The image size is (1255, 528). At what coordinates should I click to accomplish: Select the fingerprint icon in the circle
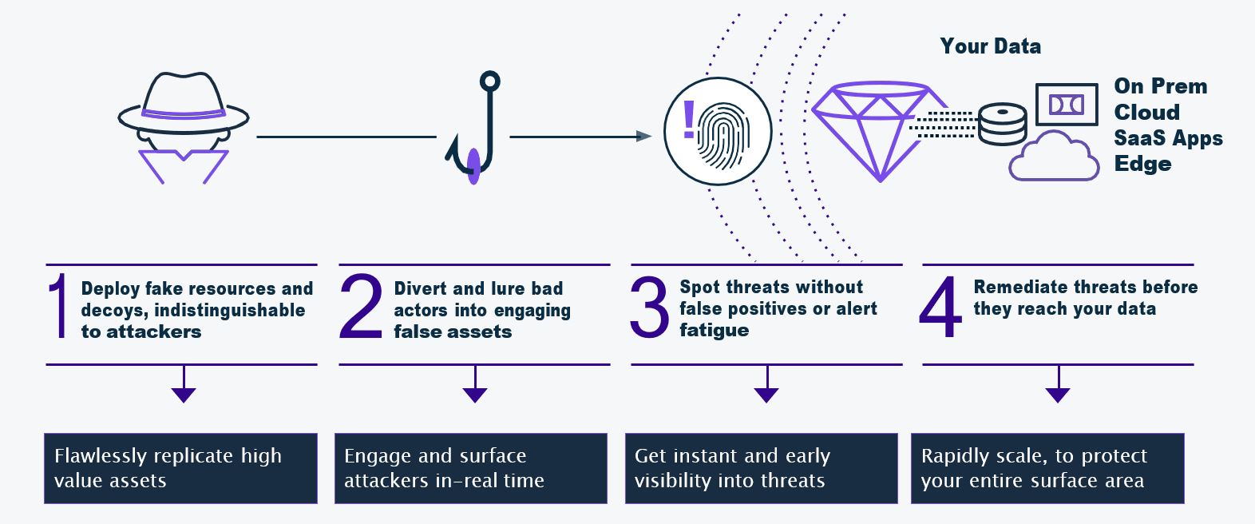coord(723,137)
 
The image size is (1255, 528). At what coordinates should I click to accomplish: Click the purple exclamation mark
coord(688,119)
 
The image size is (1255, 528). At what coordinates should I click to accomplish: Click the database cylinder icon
coord(1002,124)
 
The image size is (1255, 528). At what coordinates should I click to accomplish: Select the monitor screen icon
coord(1066,105)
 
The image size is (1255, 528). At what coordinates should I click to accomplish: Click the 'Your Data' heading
coord(991,46)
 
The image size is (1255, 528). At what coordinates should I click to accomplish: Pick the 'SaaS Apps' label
coord(1168,138)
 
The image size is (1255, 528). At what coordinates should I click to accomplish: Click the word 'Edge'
coord(1142,164)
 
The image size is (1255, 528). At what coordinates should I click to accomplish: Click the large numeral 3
coord(649,307)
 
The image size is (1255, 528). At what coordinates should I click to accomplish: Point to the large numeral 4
coord(940,306)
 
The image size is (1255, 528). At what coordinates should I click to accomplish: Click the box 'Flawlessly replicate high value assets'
coord(181,468)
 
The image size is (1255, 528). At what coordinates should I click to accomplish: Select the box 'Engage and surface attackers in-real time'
coord(471,468)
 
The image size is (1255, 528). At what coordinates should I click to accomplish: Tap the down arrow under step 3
coord(766,384)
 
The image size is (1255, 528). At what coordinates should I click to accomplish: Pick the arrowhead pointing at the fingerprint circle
coord(643,137)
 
